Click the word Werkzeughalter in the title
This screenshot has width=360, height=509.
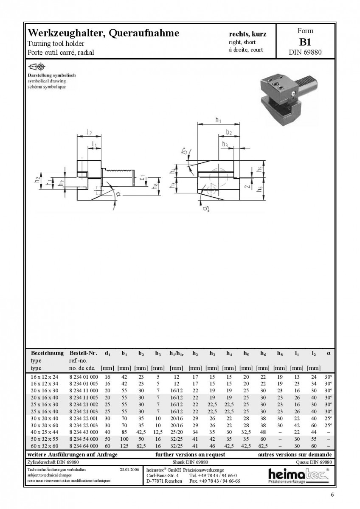tap(65, 34)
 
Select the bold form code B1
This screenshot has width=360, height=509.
tap(305, 42)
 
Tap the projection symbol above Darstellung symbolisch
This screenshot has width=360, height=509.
tap(37, 67)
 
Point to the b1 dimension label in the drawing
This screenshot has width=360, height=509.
tap(218, 120)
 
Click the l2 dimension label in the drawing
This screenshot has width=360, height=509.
tap(89, 132)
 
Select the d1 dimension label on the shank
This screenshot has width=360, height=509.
tap(142, 177)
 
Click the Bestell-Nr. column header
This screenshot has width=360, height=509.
tap(83, 353)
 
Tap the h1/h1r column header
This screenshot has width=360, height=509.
tap(177, 353)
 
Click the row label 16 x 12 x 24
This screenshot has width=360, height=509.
tap(45, 377)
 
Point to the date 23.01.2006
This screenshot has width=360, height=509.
tap(129, 470)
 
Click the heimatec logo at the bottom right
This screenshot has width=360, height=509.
tap(299, 475)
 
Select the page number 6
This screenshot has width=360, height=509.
tap(332, 495)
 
